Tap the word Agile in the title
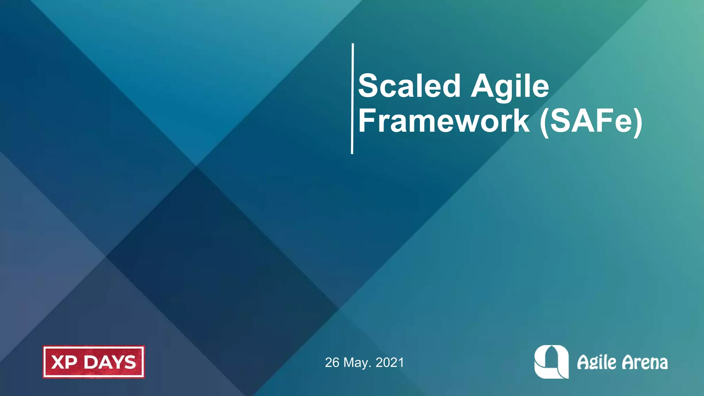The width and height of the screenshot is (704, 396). (x=510, y=86)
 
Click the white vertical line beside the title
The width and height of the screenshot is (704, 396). (x=352, y=99)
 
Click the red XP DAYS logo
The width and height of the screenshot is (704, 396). (x=93, y=362)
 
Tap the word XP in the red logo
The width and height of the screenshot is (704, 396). (x=64, y=362)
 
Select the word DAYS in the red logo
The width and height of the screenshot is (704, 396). (x=110, y=362)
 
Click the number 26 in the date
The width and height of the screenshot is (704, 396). (x=332, y=363)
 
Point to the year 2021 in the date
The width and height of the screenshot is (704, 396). (x=389, y=363)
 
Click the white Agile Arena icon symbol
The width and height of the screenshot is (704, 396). (x=551, y=362)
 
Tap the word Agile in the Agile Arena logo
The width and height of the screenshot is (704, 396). (x=596, y=362)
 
